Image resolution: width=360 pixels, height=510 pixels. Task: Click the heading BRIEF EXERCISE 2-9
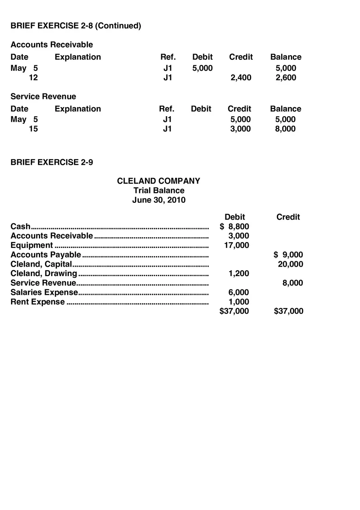coord(52,162)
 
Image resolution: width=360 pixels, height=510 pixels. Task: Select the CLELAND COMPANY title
coord(159,181)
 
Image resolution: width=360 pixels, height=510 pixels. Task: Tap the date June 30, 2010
coord(159,200)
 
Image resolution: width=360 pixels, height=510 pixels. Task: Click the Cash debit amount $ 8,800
coord(234,227)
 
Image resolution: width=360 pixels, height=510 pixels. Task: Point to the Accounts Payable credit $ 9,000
coord(288,255)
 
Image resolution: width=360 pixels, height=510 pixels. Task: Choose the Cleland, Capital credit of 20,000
coord(290,264)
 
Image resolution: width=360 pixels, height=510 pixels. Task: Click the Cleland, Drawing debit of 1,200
coord(239,274)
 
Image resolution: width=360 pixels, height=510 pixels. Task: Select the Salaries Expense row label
coord(44,292)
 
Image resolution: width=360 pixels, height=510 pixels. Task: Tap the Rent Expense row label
coord(38,302)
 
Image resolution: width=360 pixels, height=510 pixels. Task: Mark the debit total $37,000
coord(234,311)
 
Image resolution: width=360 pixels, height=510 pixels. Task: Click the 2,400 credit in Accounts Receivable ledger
coord(241,78)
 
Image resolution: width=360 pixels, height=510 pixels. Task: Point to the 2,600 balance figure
coord(286,78)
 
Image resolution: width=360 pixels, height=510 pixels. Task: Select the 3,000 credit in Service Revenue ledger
coord(241,129)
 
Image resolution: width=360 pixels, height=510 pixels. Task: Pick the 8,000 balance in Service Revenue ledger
coord(286,129)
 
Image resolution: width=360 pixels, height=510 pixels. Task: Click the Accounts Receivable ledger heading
coord(52,45)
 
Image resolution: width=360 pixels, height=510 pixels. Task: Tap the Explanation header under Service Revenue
coord(78,109)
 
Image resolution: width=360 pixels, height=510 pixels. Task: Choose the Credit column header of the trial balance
coord(288,217)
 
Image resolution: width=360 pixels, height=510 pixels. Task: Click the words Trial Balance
coord(159,191)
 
